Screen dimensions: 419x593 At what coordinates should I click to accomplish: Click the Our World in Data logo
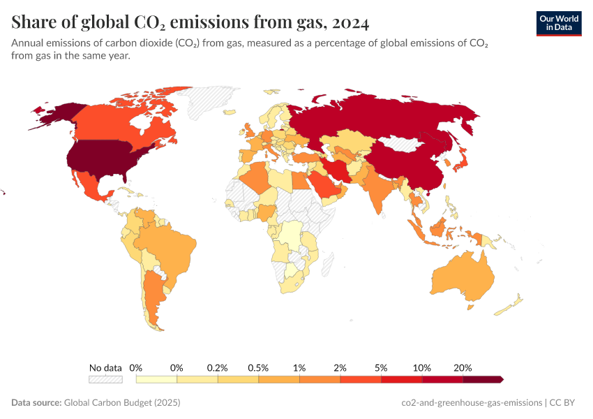click(558, 22)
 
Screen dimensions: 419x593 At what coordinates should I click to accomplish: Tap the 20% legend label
click(463, 367)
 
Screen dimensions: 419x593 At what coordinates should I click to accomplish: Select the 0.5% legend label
click(258, 367)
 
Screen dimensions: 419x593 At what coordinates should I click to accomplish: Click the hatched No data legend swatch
click(105, 379)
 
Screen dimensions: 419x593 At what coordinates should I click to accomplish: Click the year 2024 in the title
click(350, 22)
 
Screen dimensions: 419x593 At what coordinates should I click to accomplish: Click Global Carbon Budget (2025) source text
click(122, 403)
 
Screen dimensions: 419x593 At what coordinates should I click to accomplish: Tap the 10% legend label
click(422, 367)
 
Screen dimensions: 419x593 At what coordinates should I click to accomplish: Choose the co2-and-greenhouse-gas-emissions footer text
click(472, 403)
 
